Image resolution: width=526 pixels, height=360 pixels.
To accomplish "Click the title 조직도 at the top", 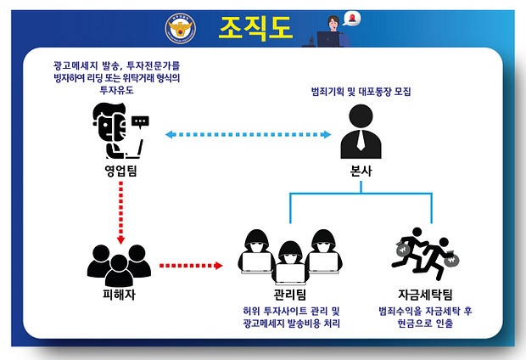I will point(255,26).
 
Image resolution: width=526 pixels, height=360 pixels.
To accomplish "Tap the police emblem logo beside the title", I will point(180,28).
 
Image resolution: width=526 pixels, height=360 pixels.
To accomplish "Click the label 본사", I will point(361,173).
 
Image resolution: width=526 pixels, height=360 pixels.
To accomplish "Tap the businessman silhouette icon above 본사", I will point(361,132).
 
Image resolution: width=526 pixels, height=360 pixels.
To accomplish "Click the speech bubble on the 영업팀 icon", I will point(140,121).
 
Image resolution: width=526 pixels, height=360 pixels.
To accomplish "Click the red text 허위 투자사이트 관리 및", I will point(285,312).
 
